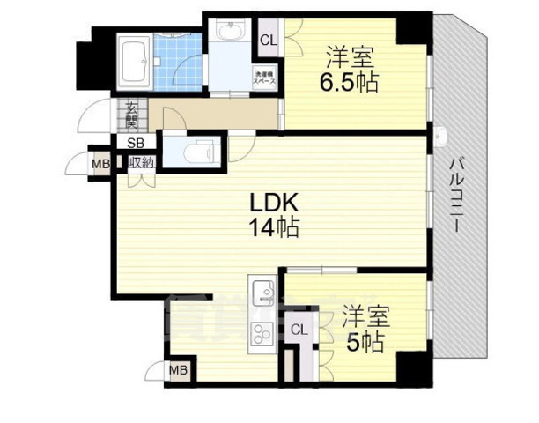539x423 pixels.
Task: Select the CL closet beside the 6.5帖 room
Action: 268,41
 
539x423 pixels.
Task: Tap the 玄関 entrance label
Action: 131,115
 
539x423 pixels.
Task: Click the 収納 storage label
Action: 142,162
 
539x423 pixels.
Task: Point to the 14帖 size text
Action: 272,228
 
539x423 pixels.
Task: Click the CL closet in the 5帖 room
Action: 299,330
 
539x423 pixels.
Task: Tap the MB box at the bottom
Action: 179,371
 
